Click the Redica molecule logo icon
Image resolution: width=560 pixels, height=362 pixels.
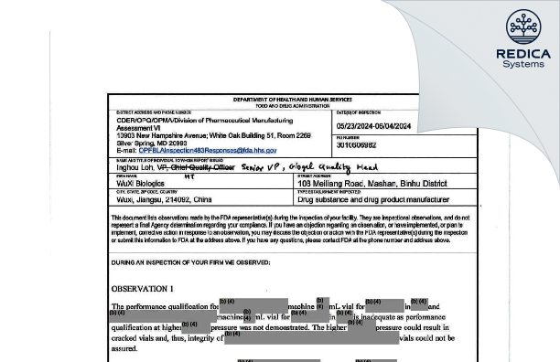click(522, 27)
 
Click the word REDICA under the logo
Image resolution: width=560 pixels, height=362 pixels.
click(522, 54)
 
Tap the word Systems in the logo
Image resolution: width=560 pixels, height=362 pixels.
click(522, 65)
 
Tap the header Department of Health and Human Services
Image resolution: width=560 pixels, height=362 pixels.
click(264, 99)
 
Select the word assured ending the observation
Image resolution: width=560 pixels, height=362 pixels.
click(125, 348)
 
